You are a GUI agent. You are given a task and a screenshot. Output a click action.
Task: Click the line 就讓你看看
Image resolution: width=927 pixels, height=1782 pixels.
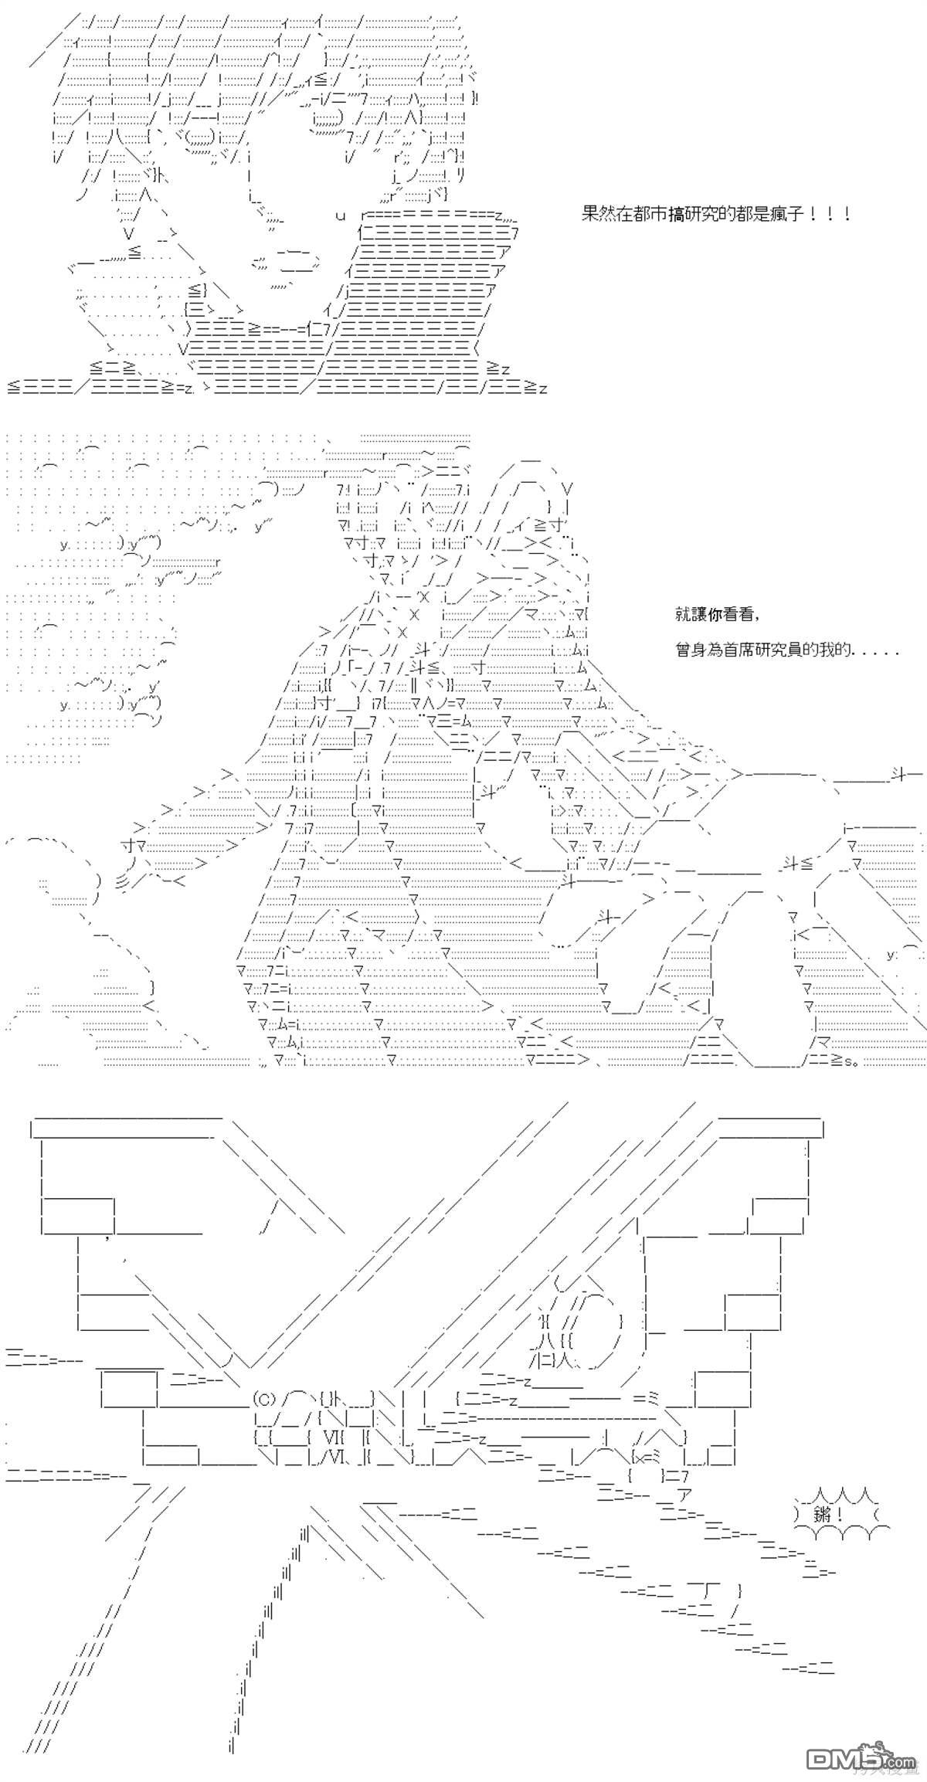click(x=716, y=615)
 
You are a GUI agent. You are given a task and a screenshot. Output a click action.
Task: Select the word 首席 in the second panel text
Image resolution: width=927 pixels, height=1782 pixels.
click(x=742, y=650)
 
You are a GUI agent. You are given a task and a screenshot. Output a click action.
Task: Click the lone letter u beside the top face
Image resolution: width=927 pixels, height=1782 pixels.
click(x=340, y=216)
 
